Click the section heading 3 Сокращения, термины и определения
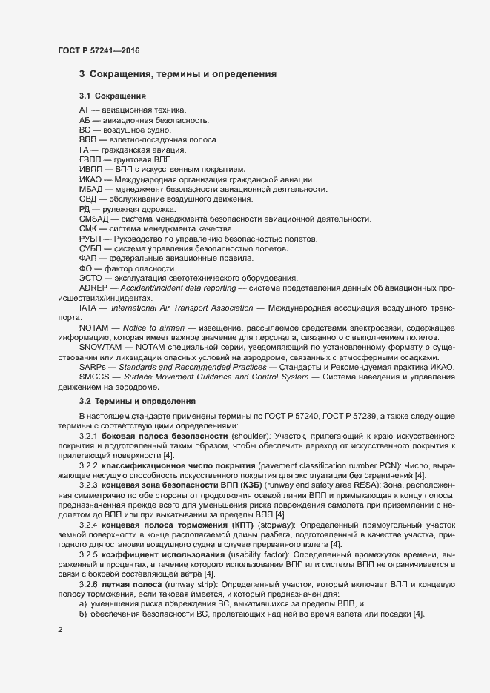(178, 75)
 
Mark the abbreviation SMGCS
(94, 377)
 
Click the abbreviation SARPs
(93, 367)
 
